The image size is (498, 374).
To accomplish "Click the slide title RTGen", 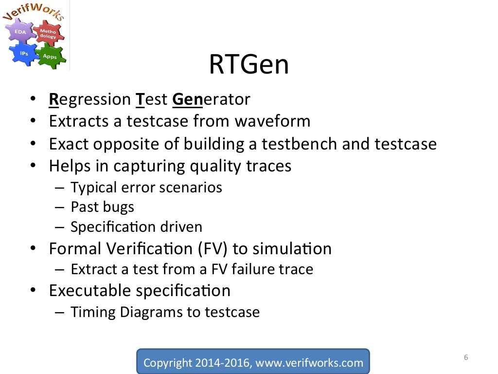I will (249, 65).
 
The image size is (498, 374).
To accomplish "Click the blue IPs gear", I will (23, 53).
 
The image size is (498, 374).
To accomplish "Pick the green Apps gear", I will (50, 56).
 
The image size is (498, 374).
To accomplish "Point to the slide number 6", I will (465, 358).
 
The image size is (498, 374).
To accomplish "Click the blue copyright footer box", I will (253, 362).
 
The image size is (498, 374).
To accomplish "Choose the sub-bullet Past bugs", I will (102, 207).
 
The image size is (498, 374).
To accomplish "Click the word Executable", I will (90, 290).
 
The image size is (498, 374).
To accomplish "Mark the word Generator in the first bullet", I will (211, 99).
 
